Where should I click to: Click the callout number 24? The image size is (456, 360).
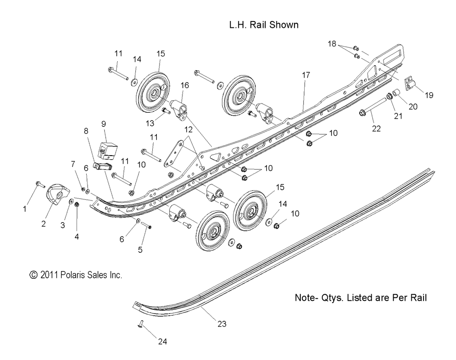(x=162, y=341)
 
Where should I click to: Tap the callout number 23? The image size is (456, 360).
(x=222, y=324)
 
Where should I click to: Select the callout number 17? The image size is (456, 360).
(x=306, y=75)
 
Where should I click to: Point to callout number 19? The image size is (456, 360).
(x=429, y=95)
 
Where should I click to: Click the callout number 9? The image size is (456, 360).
(x=104, y=124)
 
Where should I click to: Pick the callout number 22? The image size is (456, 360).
(x=376, y=128)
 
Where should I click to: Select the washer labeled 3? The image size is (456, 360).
(x=71, y=201)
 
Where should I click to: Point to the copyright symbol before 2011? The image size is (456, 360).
(x=34, y=275)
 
